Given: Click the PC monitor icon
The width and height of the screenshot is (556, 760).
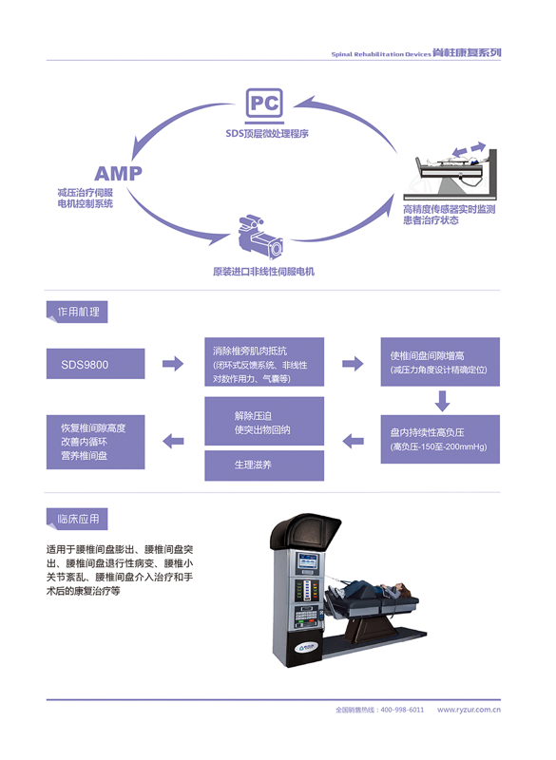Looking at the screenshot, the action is (264, 105).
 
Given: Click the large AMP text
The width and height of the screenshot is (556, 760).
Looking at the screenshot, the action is (118, 174).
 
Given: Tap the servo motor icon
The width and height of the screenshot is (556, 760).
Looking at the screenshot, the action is (259, 237).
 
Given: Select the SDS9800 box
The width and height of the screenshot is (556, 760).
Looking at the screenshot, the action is (95, 364).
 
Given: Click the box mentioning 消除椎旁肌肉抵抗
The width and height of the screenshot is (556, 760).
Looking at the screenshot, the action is (264, 362).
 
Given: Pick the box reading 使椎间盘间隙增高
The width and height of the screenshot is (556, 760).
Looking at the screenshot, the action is (440, 362).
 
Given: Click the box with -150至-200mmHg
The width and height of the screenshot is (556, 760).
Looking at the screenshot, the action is (440, 439).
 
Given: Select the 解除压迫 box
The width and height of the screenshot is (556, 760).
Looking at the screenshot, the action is (264, 421).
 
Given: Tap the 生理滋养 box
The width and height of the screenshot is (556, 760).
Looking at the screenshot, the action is (264, 465).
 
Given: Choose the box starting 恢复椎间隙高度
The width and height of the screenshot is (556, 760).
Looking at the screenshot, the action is (95, 442).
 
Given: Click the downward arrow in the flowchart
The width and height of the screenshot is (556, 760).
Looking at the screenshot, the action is (442, 401).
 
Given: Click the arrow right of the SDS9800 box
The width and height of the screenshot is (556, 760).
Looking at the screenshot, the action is (173, 364).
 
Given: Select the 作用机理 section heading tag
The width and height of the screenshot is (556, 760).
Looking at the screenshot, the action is (77, 312).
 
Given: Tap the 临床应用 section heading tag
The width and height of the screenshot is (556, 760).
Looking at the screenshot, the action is (77, 519).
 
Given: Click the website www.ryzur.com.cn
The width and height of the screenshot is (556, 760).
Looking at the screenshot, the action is (469, 710).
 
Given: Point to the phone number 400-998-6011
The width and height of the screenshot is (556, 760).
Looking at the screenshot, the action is (402, 710).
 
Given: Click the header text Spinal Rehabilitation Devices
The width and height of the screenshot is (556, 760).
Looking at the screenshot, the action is (381, 54).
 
